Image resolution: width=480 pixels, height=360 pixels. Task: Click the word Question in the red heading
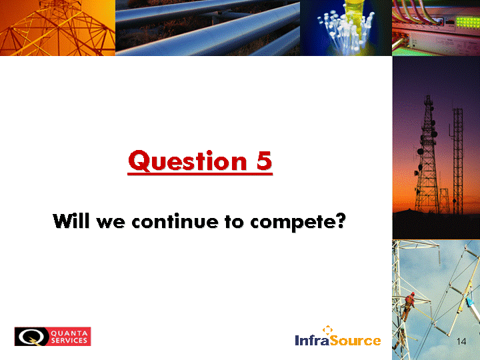pos(187,161)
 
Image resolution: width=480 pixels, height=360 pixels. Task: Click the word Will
pos(72,221)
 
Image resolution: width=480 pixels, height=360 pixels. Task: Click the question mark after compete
pos(340,221)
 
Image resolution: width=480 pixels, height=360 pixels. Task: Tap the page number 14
pos(461,341)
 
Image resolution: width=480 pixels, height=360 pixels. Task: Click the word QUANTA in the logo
pos(69,333)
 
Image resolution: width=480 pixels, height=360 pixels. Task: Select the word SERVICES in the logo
pos(69,340)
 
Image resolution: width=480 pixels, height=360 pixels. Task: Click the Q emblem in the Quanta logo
pos(31,337)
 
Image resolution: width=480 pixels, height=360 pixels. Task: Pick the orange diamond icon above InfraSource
pos(327,330)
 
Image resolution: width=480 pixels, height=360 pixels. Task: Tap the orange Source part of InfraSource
pos(355,340)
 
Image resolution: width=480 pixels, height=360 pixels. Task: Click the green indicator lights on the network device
pos(467,23)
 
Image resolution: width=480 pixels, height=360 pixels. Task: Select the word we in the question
pos(111,222)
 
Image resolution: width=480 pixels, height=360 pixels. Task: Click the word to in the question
pos(235,221)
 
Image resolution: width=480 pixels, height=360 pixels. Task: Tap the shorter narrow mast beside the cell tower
pos(457,161)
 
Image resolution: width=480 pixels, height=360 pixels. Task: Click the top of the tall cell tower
pos(428,97)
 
